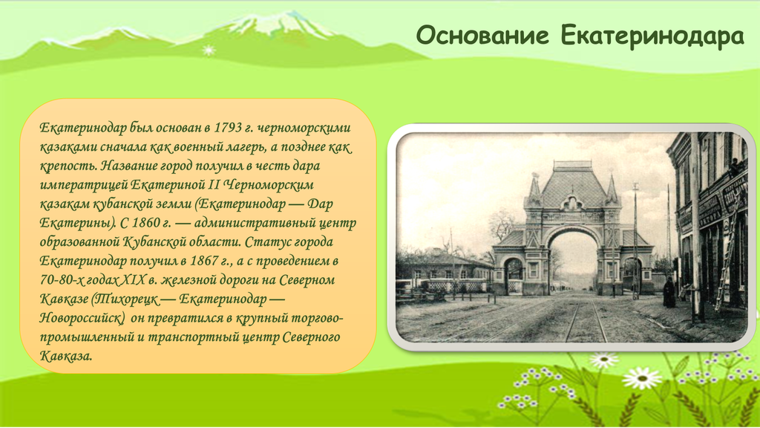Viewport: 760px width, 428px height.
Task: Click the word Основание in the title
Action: tap(482, 36)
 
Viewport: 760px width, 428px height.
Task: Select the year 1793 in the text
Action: tap(228, 128)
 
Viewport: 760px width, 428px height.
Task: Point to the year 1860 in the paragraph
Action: tap(145, 223)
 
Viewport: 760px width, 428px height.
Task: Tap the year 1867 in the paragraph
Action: tap(204, 261)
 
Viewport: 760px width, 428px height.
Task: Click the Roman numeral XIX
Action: tap(133, 279)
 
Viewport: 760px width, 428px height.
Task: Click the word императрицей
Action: tap(84, 185)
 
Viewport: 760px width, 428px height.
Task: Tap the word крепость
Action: tap(68, 166)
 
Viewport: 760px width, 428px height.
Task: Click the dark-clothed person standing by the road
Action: tap(669, 292)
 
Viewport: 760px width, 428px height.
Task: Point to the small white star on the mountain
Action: tap(209, 50)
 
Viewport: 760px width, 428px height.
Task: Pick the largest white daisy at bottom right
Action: tap(642, 378)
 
